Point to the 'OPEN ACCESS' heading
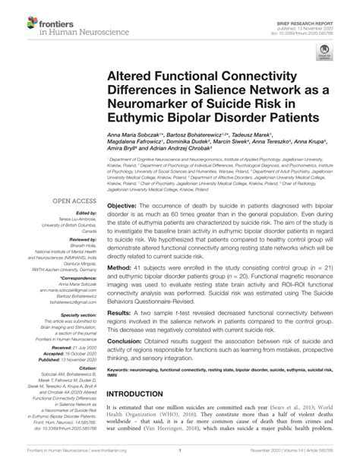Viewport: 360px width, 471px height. [x=72, y=201]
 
